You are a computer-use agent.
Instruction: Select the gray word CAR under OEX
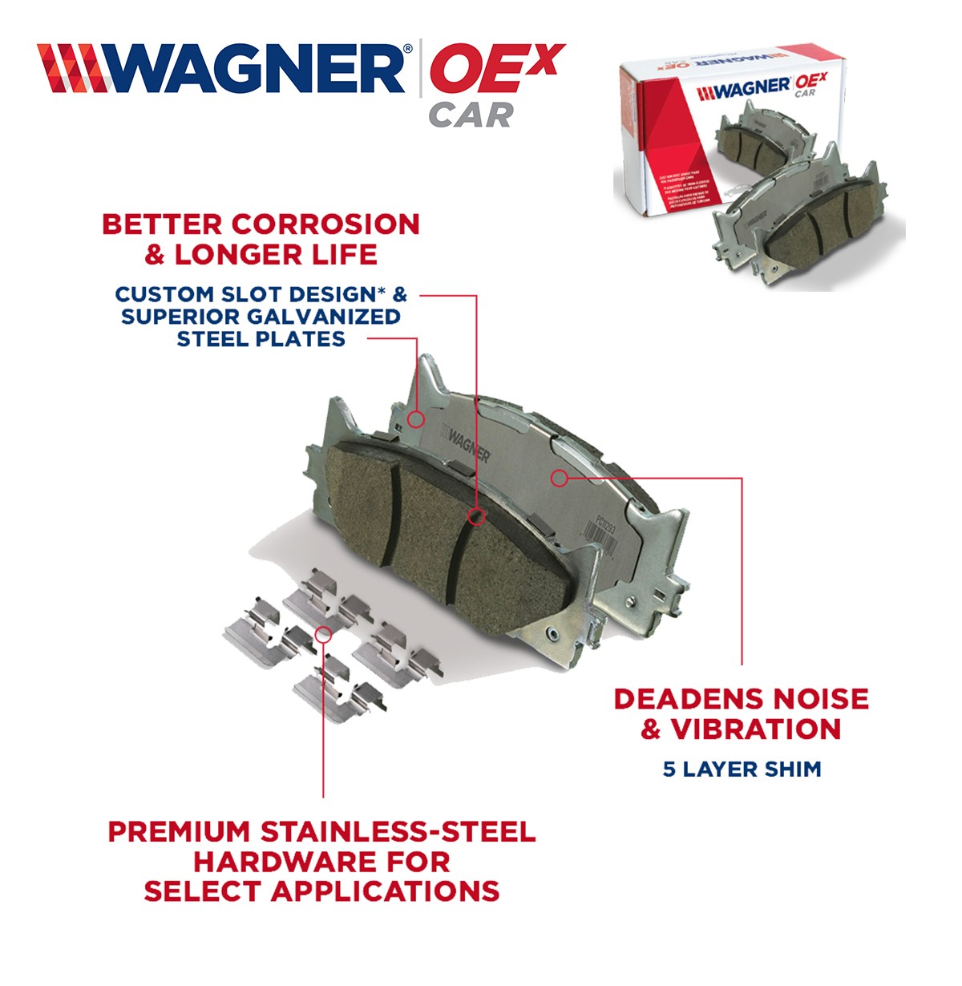pyautogui.click(x=471, y=115)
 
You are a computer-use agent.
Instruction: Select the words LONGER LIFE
pyautogui.click(x=276, y=255)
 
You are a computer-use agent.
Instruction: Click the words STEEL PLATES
pyautogui.click(x=261, y=338)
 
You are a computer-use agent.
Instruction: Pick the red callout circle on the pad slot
pyautogui.click(x=476, y=516)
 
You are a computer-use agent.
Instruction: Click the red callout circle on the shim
pyautogui.click(x=560, y=479)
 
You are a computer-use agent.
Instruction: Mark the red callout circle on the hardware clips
pyautogui.click(x=324, y=634)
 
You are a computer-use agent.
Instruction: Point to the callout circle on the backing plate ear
pyautogui.click(x=415, y=418)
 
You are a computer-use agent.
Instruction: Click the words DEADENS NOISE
pyautogui.click(x=741, y=698)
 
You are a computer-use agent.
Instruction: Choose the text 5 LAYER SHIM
pyautogui.click(x=742, y=770)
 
